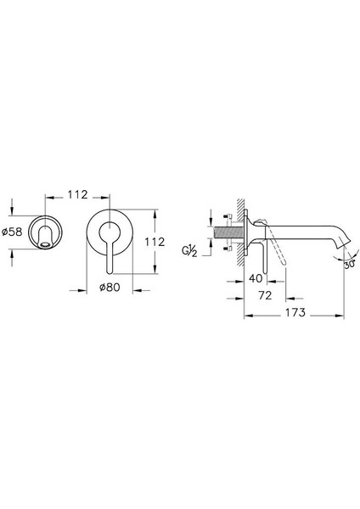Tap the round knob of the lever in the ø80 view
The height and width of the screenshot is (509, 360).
[110, 230]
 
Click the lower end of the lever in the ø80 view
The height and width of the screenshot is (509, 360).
[110, 264]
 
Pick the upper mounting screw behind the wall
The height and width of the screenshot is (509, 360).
[229, 215]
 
